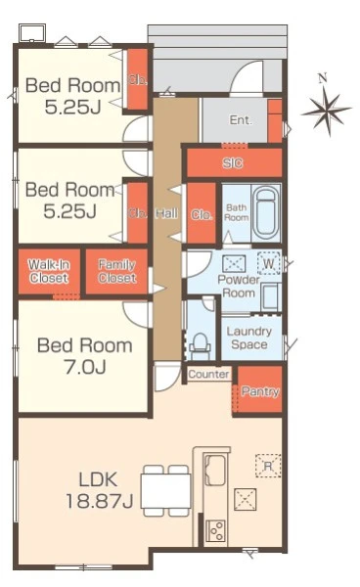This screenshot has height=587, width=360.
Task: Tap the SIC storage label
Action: [233, 162]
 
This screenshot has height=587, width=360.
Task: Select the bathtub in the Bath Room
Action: [266, 213]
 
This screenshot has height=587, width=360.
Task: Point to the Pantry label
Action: [260, 391]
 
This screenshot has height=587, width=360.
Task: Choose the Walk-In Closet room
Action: [49, 271]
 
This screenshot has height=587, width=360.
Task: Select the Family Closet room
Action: [116, 271]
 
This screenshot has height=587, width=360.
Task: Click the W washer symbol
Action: [269, 263]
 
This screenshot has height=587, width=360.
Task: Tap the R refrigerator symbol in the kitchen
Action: [268, 466]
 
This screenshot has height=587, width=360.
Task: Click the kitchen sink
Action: [214, 470]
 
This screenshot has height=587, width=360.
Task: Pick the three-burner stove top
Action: [216, 530]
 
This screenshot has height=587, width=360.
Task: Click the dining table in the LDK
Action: [165, 491]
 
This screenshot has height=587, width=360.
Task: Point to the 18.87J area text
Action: [100, 501]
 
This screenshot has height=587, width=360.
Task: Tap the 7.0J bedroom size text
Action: [85, 366]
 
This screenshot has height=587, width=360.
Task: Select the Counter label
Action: [208, 374]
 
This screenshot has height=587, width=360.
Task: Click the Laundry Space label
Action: [249, 338]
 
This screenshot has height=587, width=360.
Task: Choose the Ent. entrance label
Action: [241, 119]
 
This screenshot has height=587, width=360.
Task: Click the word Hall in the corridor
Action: [166, 213]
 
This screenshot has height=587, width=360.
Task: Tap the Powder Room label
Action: [239, 286]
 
